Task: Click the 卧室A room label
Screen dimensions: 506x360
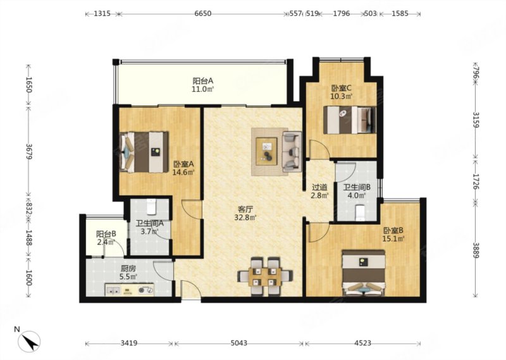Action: pos(183,164)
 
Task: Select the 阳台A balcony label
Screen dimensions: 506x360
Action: pos(203,80)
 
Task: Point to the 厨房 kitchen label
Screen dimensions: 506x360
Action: pos(128,268)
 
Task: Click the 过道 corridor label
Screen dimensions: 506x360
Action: pos(319,187)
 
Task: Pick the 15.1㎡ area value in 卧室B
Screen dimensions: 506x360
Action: pos(393,239)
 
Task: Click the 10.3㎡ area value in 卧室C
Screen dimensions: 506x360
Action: pos(341,96)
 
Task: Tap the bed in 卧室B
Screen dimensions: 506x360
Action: pos(364,273)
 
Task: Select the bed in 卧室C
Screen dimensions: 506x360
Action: pos(350,120)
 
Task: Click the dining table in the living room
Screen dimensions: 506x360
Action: pos(265,276)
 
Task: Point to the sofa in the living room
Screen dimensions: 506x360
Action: pos(292,151)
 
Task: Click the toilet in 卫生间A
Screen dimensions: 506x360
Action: pos(151,207)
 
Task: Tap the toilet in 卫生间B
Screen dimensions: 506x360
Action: pos(360,213)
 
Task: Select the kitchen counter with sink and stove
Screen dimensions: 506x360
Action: pos(130,290)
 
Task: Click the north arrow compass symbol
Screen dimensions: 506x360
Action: pos(29,341)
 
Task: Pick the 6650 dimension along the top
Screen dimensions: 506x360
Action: pos(203,13)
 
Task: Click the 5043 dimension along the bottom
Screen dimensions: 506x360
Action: pos(238,343)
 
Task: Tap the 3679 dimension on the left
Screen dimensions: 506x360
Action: pos(28,151)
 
